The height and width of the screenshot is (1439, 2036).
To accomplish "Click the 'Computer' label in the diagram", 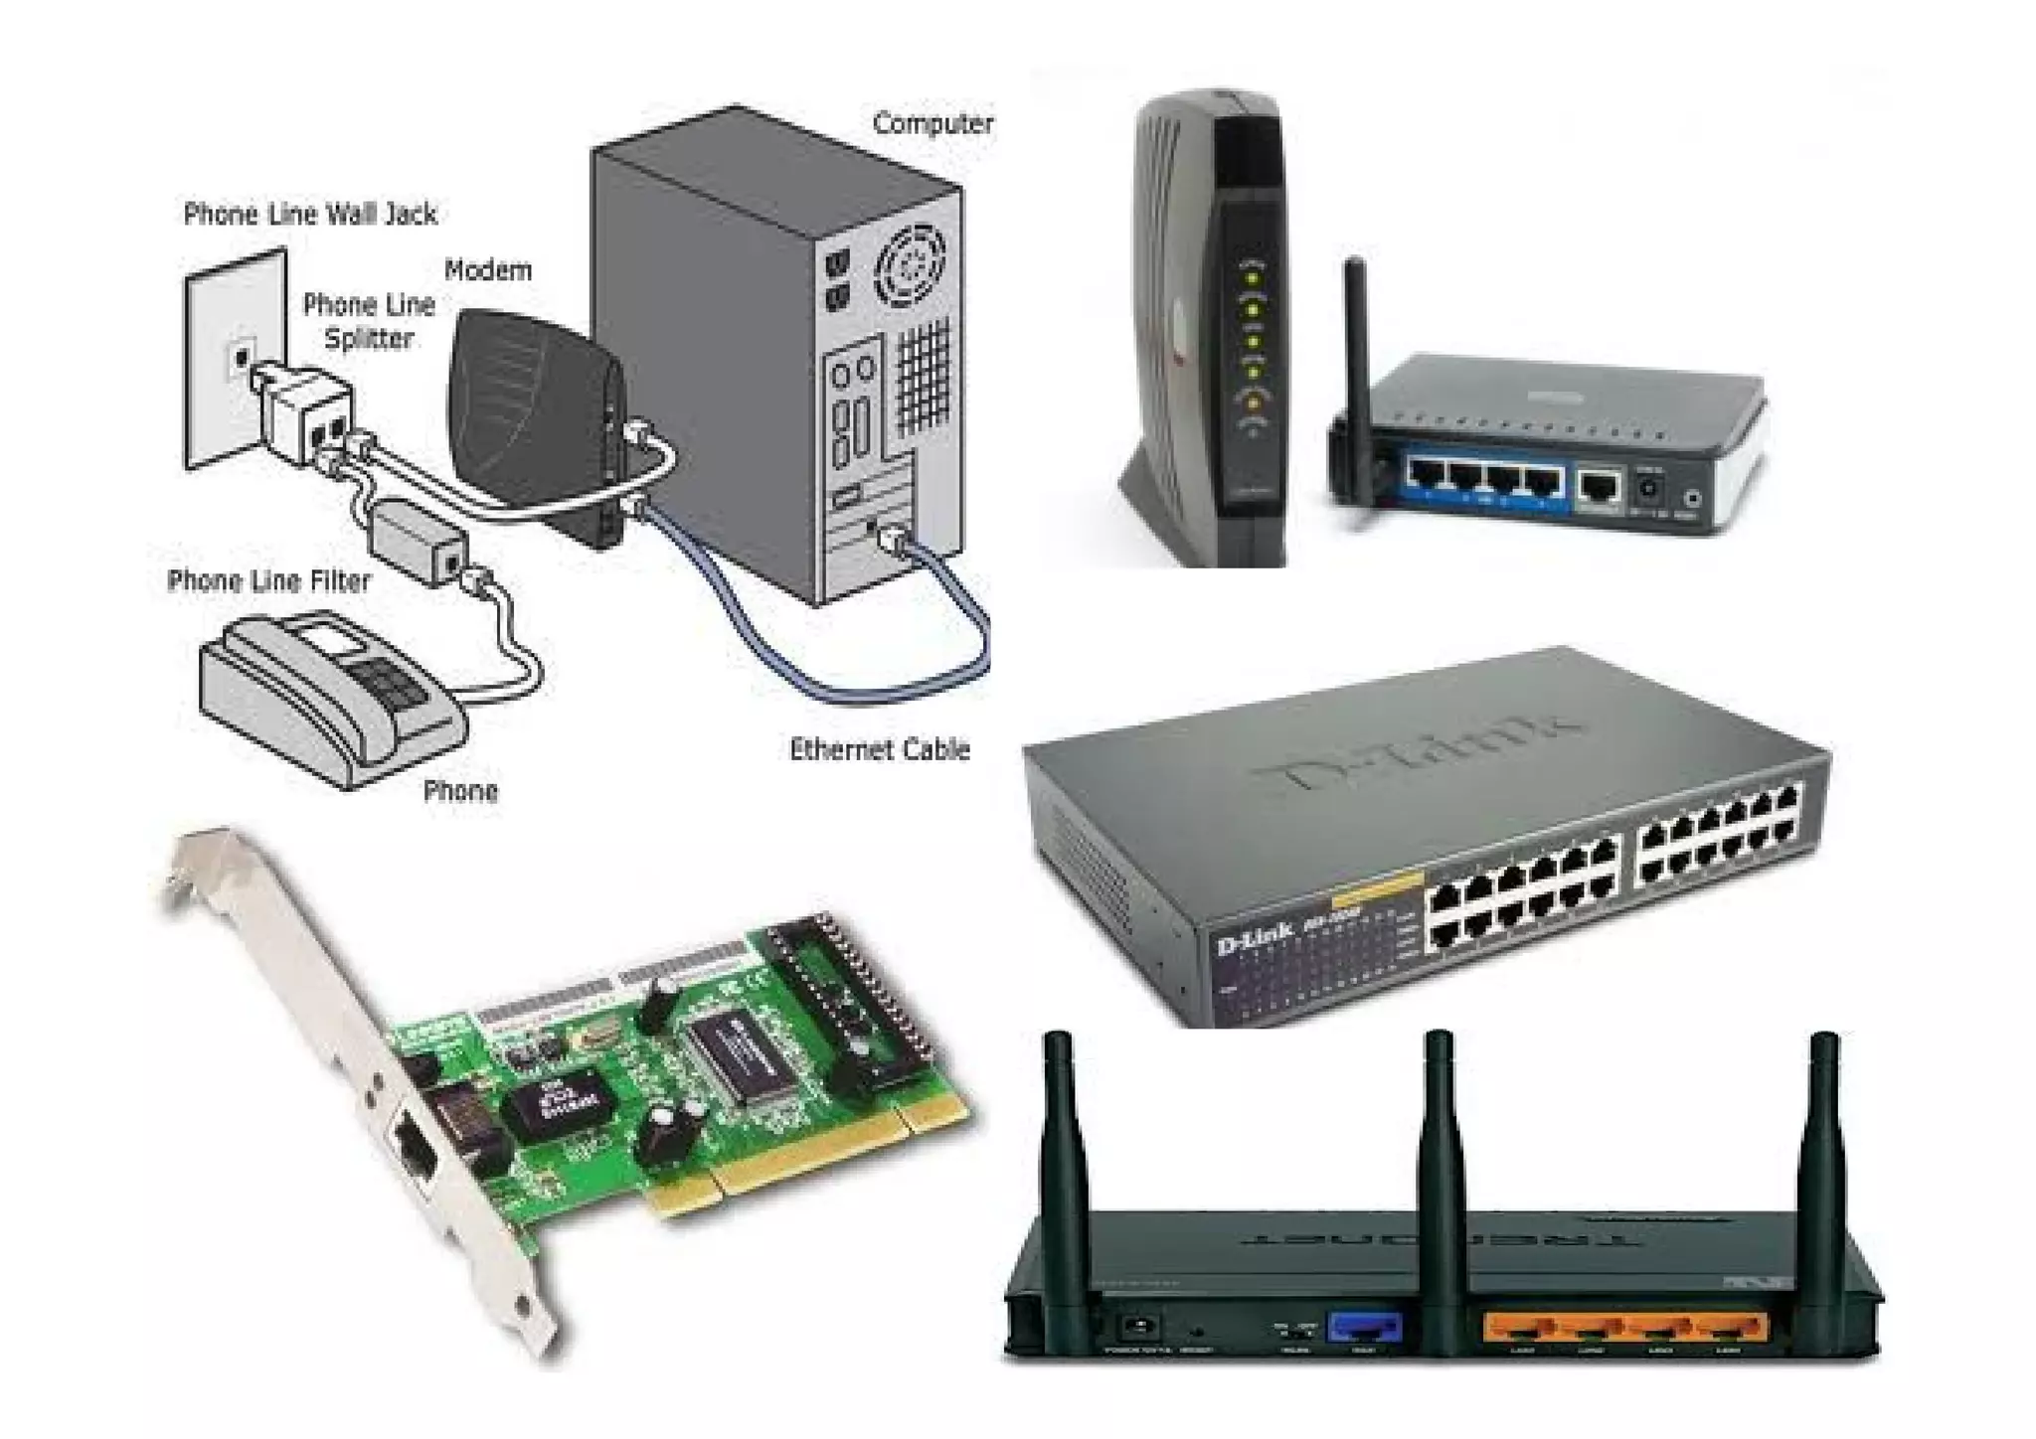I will pyautogui.click(x=933, y=124).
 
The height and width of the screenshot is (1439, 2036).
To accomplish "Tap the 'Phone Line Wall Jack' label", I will pyautogui.click(x=310, y=214).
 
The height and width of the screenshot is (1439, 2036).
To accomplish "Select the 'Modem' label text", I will pyautogui.click(x=487, y=269).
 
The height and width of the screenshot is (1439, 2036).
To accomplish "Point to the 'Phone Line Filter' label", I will pyautogui.click(x=268, y=580).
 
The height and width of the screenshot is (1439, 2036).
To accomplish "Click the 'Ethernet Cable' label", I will pyautogui.click(x=879, y=749).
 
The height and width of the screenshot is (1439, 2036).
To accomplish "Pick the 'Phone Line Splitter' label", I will pyautogui.click(x=369, y=321).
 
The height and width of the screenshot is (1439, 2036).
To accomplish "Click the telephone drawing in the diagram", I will pyautogui.click(x=333, y=696).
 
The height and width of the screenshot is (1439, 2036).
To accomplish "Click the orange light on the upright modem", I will pyautogui.click(x=1253, y=402).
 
